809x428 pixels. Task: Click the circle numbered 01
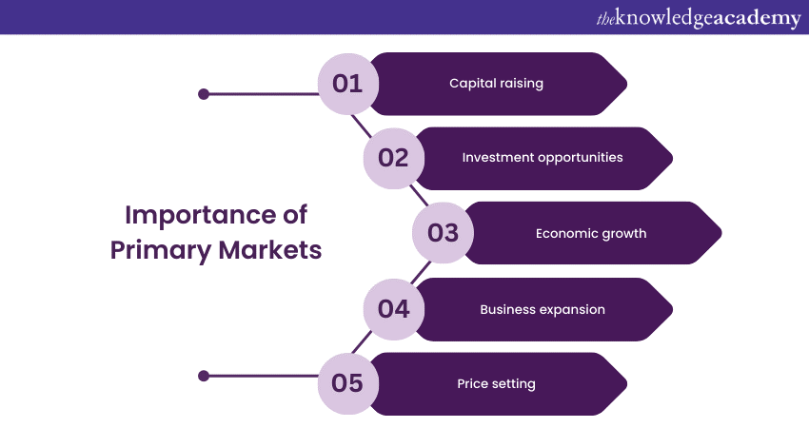(x=347, y=84)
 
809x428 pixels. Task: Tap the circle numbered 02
(x=393, y=158)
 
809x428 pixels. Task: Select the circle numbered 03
(x=443, y=233)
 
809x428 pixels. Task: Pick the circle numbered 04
(x=393, y=309)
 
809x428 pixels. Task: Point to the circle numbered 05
(x=347, y=384)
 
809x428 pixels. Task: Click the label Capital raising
(x=496, y=84)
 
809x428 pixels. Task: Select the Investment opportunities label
(x=543, y=158)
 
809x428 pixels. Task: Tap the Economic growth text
(x=591, y=233)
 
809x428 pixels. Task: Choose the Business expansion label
(x=543, y=309)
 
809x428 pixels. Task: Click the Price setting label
(x=496, y=384)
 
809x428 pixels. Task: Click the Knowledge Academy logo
(x=698, y=17)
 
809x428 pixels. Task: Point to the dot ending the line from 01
(x=203, y=94)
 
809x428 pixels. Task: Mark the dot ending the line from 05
(x=203, y=376)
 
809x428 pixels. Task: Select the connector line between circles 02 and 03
(x=419, y=196)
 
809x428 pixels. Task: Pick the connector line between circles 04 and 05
(x=362, y=342)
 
